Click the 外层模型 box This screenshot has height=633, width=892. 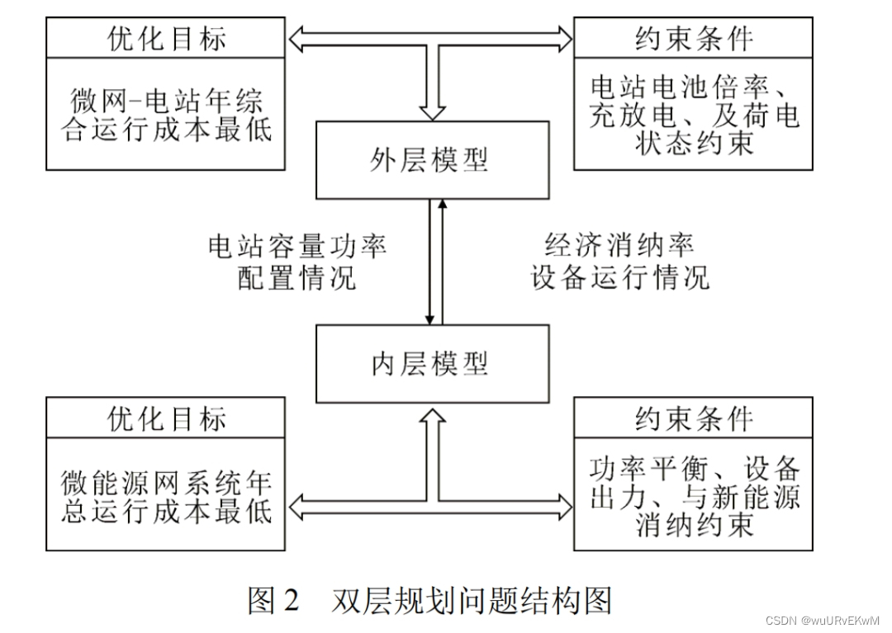coord(432,159)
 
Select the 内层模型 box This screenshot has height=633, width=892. coord(432,363)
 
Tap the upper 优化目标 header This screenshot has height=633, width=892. coord(166,38)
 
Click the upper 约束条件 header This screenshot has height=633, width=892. coord(693,38)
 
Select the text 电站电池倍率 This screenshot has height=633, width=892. coord(686,87)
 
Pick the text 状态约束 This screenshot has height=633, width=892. coord(694,142)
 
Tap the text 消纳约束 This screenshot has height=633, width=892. coord(694,523)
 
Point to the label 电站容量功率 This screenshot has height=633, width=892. coord(297,246)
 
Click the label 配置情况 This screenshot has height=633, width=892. coord(297,276)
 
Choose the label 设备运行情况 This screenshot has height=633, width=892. coord(619,276)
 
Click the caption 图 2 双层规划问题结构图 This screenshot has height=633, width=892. coord(429,601)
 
